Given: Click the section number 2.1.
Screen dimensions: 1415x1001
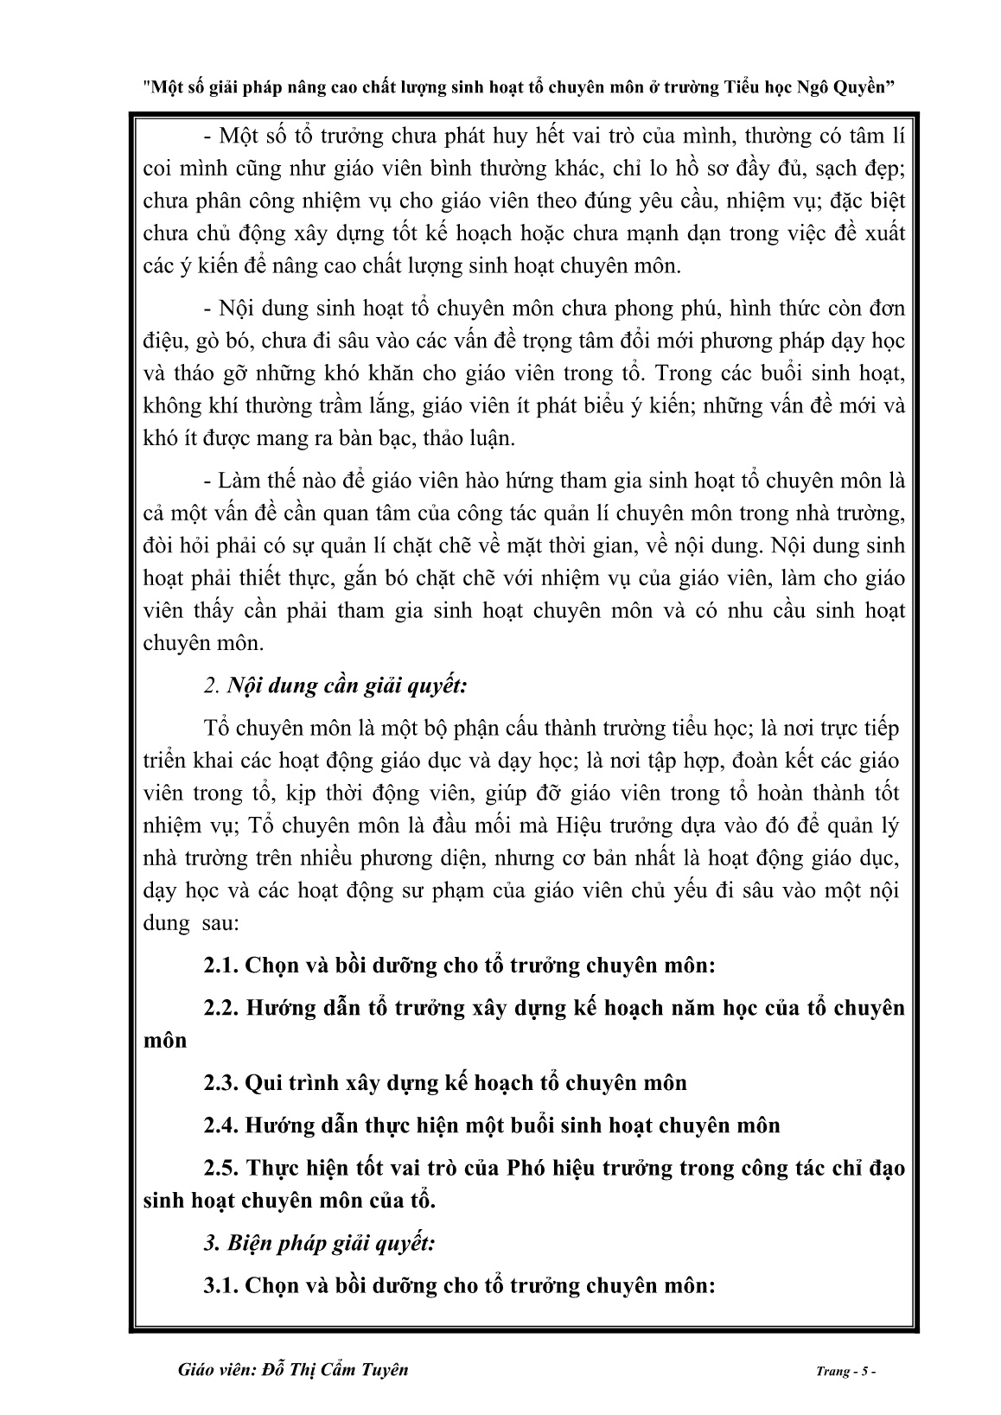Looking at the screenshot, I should [221, 966].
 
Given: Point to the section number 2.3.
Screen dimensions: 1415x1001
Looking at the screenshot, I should [221, 1082].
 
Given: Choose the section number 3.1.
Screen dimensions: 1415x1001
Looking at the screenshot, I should [221, 1285].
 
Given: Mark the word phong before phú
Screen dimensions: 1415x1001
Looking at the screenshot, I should [648, 309].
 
